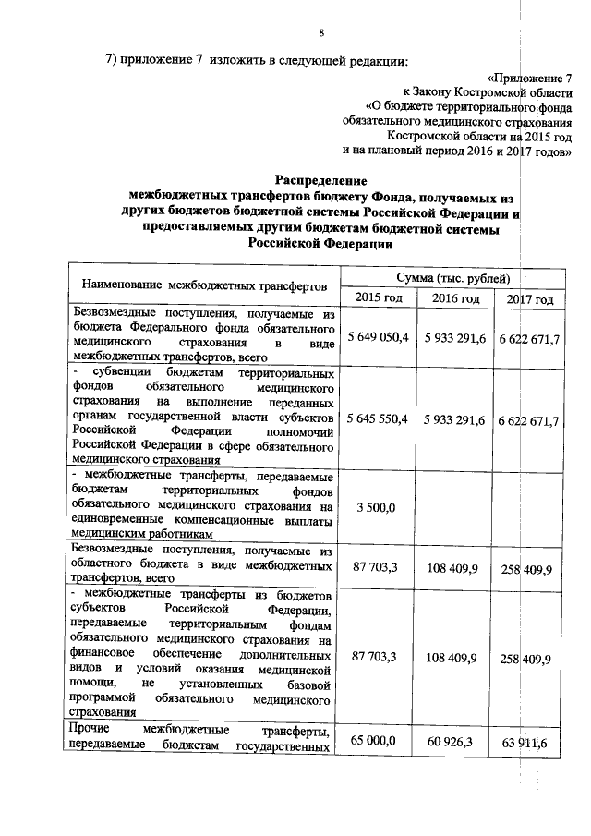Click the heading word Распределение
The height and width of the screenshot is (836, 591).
coord(320,179)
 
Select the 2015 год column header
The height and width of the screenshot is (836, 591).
coord(375,298)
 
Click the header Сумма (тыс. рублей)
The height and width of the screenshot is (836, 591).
coord(451,277)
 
